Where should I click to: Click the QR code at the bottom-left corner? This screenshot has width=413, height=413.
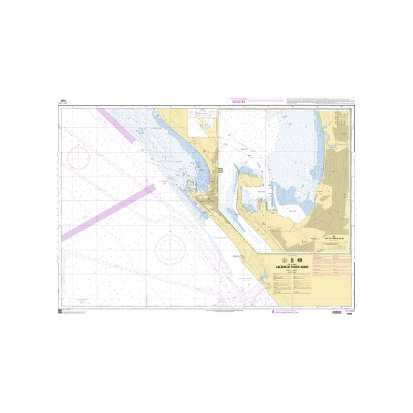[60, 311]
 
